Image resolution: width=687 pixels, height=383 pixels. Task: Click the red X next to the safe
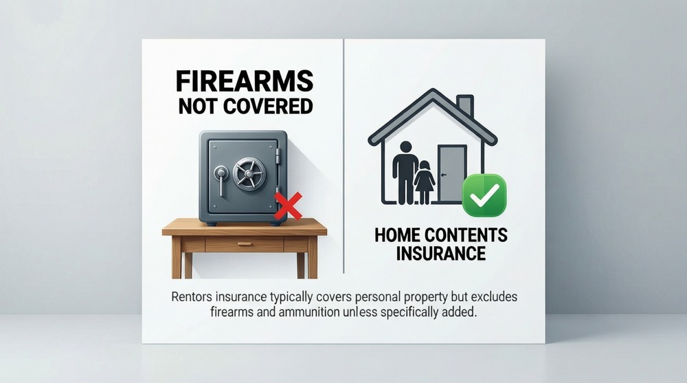click(x=288, y=206)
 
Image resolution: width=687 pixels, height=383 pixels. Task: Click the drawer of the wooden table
click(x=244, y=244)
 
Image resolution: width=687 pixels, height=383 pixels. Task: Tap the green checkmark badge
click(x=484, y=195)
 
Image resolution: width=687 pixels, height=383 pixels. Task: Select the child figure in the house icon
click(x=425, y=182)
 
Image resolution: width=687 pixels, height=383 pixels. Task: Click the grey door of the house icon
click(x=451, y=173)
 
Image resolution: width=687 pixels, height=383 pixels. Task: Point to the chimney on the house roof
click(x=465, y=106)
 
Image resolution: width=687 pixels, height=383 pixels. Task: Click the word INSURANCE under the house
click(x=440, y=253)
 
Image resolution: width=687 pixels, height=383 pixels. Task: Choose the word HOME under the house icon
click(x=394, y=236)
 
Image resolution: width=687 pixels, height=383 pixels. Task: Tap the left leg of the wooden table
click(x=177, y=262)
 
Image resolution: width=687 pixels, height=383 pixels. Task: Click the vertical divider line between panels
click(x=343, y=158)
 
